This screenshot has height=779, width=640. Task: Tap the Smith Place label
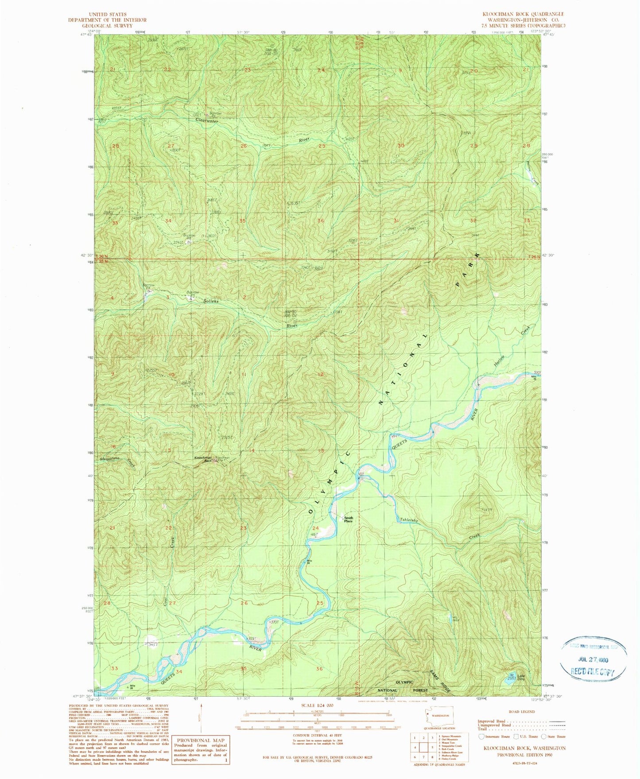coord(349,519)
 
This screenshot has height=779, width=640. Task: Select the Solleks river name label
coord(211,301)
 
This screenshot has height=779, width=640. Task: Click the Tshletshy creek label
coord(409,520)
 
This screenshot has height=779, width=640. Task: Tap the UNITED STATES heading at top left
coord(107,14)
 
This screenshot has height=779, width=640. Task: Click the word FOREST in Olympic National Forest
coord(420,690)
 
